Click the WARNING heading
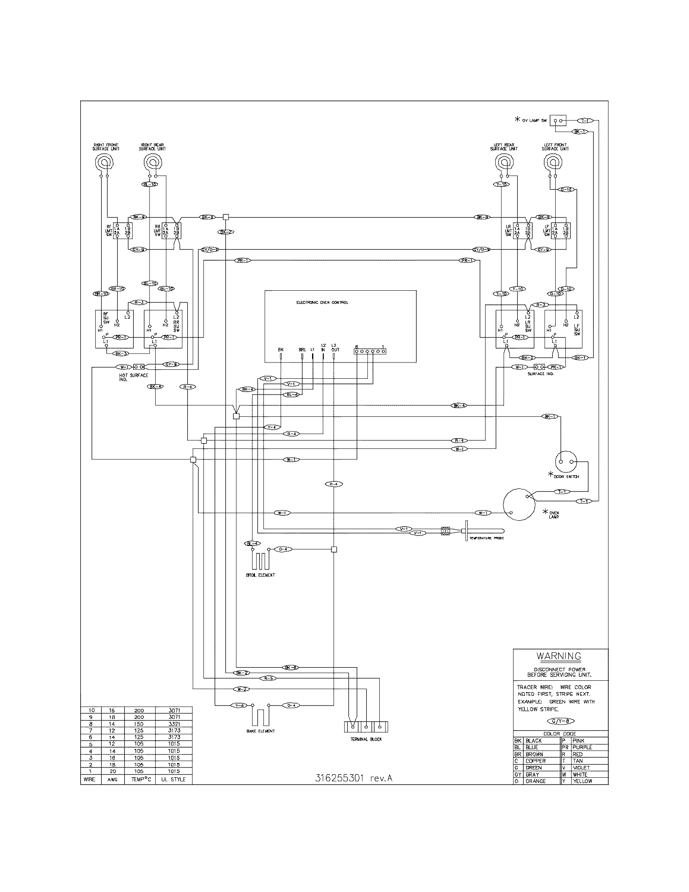coord(559,656)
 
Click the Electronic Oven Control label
coord(322,302)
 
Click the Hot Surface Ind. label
coord(133,377)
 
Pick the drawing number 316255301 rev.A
coord(354,778)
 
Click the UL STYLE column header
coord(173,779)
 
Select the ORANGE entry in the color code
coord(535,781)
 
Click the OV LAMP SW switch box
coord(558,121)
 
